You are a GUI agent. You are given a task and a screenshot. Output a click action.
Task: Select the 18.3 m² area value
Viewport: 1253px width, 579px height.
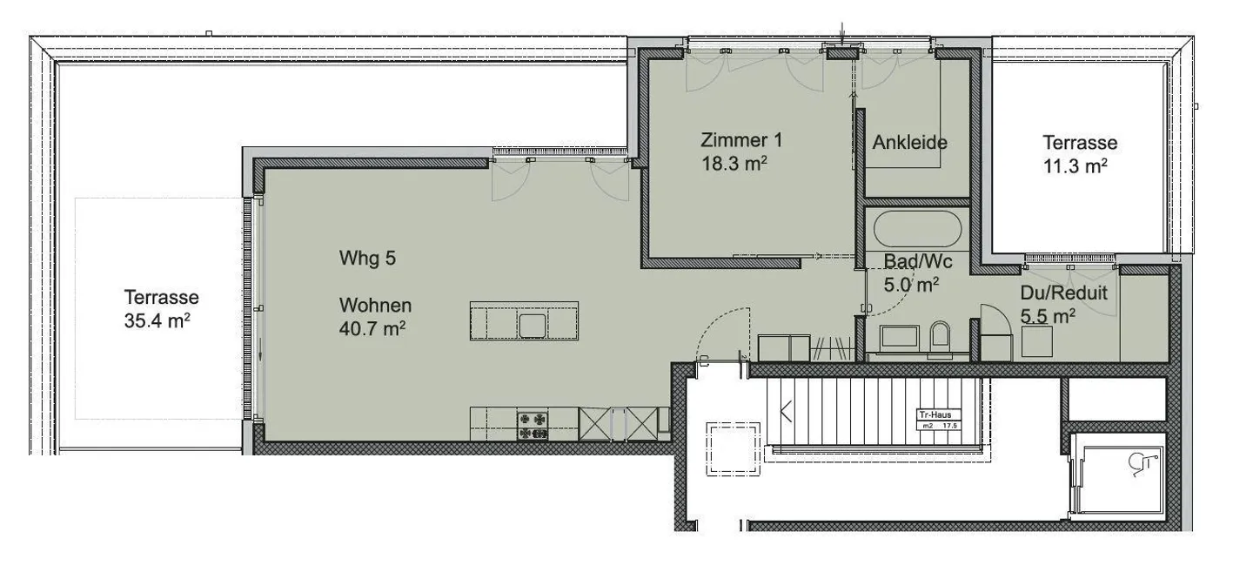[733, 164]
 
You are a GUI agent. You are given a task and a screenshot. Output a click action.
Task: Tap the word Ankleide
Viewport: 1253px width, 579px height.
[909, 143]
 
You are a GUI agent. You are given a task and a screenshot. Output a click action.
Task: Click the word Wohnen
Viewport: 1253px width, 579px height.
[375, 306]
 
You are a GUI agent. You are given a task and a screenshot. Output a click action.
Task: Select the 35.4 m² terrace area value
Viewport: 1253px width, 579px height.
[157, 321]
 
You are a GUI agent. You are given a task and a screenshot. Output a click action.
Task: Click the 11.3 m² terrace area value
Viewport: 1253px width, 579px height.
[1075, 165]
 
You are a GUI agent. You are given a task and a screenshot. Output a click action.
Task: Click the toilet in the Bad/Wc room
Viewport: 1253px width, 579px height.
[941, 339]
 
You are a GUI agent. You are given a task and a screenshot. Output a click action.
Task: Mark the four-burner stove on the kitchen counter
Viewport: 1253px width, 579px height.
[534, 424]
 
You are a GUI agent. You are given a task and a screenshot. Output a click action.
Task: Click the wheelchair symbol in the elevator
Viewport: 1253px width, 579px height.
[1140, 468]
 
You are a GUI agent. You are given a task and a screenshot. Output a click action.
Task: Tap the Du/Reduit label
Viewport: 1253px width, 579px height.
[1063, 293]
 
